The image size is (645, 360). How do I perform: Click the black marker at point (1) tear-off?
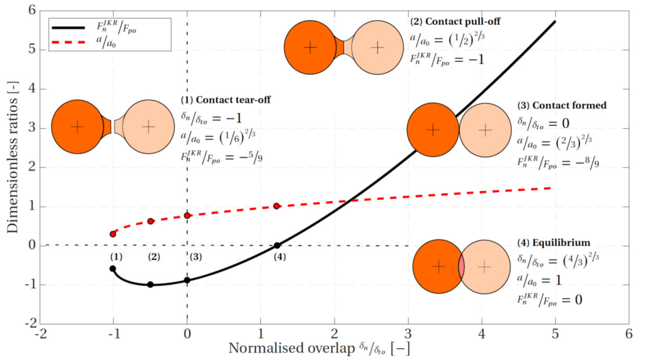(x=113, y=268)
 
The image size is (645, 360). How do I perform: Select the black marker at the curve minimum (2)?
(x=150, y=285)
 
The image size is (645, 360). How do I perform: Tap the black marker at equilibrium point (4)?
(x=277, y=246)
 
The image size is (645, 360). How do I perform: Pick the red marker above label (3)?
(x=187, y=215)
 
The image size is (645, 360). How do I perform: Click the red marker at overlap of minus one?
(x=113, y=234)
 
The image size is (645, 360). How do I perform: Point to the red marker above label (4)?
(x=277, y=206)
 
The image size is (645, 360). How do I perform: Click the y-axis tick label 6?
(x=31, y=10)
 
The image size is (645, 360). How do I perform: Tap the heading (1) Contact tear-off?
(x=225, y=100)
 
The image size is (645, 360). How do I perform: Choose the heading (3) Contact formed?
(x=562, y=105)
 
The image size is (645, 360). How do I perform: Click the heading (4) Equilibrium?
(x=554, y=242)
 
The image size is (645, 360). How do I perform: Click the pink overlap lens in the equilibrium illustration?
(x=461, y=266)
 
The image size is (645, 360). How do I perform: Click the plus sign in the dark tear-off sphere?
(x=77, y=126)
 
